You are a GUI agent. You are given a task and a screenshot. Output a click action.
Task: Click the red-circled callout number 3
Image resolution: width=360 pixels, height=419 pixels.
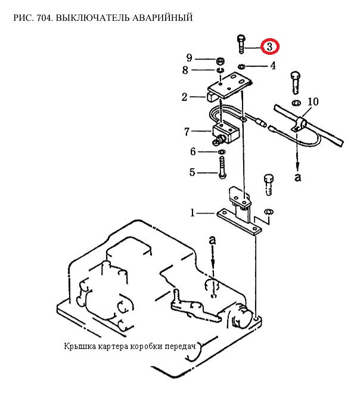click(x=269, y=46)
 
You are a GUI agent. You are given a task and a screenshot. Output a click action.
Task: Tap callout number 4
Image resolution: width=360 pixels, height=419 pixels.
click(x=272, y=66)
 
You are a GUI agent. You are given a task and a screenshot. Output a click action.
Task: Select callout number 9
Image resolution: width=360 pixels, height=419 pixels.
click(x=189, y=58)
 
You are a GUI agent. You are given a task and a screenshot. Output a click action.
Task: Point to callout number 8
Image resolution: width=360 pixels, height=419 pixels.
click(x=185, y=70)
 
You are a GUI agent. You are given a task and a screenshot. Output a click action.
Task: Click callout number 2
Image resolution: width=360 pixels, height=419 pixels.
click(x=184, y=97)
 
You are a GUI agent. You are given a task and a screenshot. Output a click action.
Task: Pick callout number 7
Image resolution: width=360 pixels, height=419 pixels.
click(x=187, y=132)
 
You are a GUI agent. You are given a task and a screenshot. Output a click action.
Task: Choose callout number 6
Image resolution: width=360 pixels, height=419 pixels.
click(x=193, y=152)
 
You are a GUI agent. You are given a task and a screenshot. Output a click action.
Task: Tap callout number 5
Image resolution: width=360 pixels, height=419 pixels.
click(x=192, y=172)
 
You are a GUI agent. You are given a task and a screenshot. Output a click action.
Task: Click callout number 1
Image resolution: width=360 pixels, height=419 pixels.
click(x=193, y=213)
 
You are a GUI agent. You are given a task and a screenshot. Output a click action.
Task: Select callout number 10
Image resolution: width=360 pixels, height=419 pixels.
click(x=313, y=102)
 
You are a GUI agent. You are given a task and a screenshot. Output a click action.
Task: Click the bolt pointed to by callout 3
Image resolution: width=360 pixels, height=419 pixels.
click(x=241, y=44)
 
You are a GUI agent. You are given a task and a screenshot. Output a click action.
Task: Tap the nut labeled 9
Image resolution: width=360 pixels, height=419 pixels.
click(x=220, y=61)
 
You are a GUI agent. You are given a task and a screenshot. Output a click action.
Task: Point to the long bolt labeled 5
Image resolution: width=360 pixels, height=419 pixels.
click(x=222, y=167)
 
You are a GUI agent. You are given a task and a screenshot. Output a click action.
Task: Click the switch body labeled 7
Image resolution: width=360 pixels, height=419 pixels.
click(x=224, y=133)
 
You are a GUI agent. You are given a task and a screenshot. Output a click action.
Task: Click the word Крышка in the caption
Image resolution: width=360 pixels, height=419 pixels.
click(x=80, y=346)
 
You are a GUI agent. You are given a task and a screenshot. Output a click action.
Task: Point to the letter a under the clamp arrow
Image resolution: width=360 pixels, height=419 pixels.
click(x=298, y=177)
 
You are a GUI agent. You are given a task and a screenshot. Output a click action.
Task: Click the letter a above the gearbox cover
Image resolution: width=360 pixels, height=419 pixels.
click(x=212, y=240)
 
